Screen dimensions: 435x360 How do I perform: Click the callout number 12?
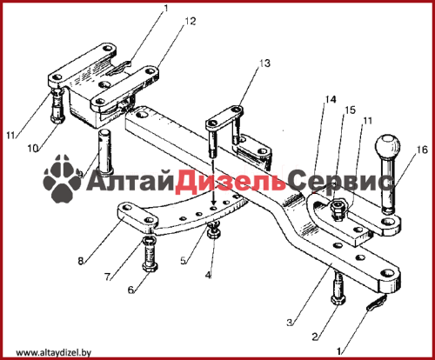191,21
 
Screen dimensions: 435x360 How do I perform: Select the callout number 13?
264,63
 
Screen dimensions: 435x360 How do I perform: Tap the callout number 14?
331,99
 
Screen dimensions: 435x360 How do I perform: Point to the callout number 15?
350,110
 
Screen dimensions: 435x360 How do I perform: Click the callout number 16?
422,150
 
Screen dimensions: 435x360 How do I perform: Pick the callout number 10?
33,149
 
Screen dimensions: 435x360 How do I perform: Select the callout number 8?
81,261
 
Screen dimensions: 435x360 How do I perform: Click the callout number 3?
290,323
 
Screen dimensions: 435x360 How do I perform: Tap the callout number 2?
315,337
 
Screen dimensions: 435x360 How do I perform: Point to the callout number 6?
131,290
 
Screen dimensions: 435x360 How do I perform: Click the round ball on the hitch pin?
387,146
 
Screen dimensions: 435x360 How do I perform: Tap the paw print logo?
62,178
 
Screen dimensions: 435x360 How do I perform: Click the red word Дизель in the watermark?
230,181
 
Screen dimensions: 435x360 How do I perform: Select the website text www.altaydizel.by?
54,352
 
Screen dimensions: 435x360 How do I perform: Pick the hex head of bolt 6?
150,267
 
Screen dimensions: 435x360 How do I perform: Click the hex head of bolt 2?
338,300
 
